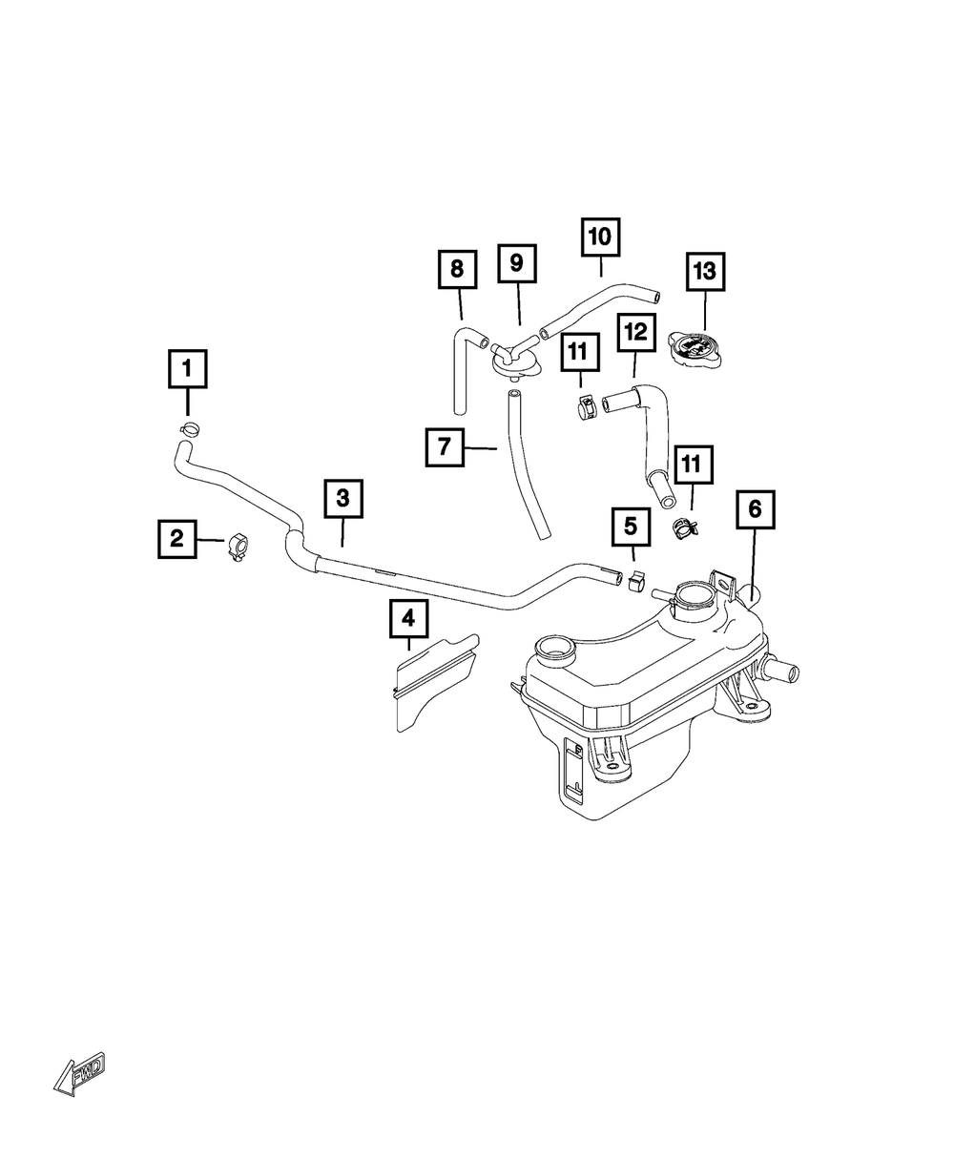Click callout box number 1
187,368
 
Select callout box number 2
176,539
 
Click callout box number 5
631,526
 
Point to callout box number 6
755,511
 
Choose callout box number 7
445,445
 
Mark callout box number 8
457,270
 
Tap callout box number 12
636,333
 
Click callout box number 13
704,272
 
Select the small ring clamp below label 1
190,427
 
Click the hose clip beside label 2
238,548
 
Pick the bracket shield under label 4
434,677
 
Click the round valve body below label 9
514,361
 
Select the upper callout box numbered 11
579,353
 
